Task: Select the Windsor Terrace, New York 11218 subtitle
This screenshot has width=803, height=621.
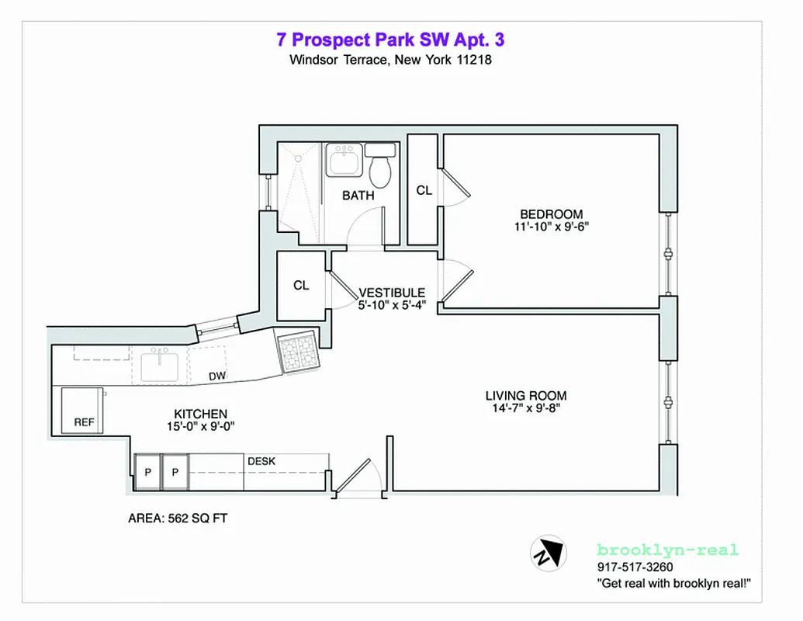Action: (x=390, y=60)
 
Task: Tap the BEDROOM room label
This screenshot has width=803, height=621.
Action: (x=551, y=214)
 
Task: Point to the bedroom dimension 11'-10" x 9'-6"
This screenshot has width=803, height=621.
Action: (x=551, y=227)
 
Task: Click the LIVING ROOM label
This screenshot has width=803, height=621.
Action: (x=526, y=395)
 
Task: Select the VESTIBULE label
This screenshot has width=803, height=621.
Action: (x=392, y=293)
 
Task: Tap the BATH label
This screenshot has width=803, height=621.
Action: (x=358, y=196)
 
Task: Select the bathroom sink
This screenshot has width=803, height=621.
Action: (x=341, y=161)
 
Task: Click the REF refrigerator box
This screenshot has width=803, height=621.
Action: (x=83, y=411)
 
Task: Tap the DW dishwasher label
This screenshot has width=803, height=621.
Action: (x=217, y=377)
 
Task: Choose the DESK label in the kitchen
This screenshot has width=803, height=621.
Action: (x=261, y=461)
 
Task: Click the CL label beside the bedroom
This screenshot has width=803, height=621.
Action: (x=424, y=190)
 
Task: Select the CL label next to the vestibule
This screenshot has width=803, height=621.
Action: (x=301, y=285)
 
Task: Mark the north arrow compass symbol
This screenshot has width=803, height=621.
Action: (x=549, y=553)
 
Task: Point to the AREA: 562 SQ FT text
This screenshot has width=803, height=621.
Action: (x=178, y=519)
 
